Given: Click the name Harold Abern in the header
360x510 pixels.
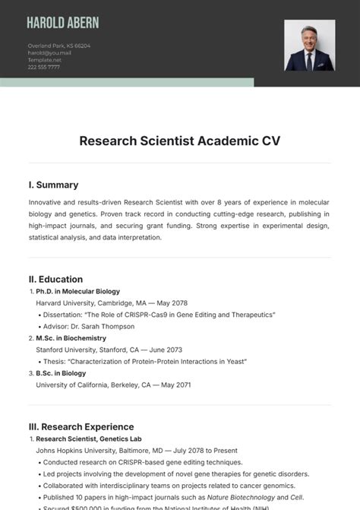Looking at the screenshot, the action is pos(62,23).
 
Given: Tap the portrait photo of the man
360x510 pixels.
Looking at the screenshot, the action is pos(309,46).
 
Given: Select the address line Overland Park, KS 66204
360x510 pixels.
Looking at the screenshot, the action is pos(59,46).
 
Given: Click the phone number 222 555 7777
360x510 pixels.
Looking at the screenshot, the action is pos(44,67).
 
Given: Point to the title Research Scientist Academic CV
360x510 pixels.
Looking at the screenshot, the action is pos(180,141).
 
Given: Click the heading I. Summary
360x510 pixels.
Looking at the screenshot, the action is pos(53,185).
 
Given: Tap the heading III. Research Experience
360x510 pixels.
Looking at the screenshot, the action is pos(81,426).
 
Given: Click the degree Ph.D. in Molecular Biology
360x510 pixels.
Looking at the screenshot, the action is pos(77,291).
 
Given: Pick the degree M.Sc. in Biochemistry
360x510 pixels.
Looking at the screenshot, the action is pos(71,338).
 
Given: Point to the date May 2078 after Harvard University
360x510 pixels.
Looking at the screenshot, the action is pos(171,303).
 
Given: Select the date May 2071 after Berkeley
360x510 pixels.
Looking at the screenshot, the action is pos(174,385).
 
